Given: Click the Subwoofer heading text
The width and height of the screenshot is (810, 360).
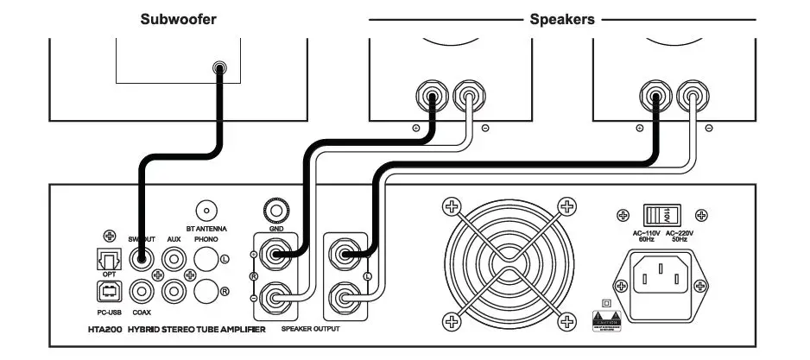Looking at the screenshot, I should click(x=179, y=18).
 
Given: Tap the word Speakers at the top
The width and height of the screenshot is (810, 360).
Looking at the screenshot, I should click(x=562, y=18).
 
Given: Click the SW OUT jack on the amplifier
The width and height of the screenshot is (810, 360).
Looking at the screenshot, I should click(x=140, y=257).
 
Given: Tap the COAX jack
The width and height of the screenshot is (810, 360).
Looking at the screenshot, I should click(x=140, y=292).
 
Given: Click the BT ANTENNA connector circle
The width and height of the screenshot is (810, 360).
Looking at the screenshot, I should click(x=206, y=210).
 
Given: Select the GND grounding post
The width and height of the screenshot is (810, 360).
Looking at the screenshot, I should click(x=276, y=210).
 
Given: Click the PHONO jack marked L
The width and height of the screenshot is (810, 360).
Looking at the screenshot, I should click(x=205, y=257).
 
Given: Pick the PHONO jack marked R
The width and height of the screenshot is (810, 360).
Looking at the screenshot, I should click(x=205, y=292).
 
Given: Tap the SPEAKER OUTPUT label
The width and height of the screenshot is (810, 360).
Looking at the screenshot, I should click(x=310, y=330).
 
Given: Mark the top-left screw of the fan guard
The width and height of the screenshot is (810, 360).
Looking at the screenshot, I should click(x=450, y=205).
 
